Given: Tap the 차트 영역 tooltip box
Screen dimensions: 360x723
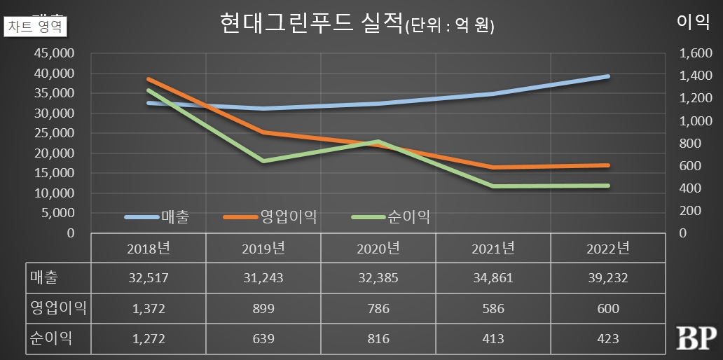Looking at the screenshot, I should pos(35,27).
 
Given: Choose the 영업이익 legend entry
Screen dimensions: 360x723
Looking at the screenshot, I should pos(270,217).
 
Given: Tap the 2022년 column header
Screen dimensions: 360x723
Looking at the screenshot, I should pos(608,248).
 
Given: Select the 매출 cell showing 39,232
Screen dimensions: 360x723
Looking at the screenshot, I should pos(608,278).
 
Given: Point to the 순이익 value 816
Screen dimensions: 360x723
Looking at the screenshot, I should pos(378,339).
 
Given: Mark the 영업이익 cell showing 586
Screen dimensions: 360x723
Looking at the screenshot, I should pos(493,308).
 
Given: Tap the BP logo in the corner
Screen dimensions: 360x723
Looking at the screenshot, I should pos(695,338).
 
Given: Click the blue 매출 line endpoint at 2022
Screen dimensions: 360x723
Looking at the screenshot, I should pos(607,76).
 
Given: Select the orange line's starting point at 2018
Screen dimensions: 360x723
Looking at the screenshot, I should pos(149,79).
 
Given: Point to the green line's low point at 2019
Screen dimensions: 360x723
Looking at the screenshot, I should pos(263,161).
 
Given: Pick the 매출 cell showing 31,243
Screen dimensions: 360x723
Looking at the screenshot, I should pos(263,278).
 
